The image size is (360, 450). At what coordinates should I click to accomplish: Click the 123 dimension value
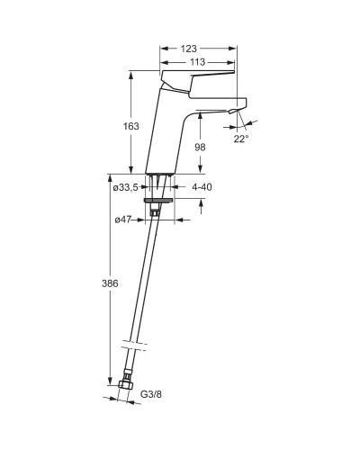point(189,49)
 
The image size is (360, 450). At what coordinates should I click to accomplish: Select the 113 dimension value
point(198,62)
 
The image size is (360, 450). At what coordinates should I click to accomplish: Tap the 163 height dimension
point(131,126)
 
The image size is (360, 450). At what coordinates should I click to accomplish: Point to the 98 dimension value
point(200,147)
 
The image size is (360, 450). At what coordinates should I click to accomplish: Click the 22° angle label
point(241,139)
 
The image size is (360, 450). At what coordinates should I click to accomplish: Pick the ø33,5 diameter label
point(125,188)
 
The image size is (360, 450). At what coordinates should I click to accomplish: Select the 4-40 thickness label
point(202,187)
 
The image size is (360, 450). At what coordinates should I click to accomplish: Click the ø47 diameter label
point(123,220)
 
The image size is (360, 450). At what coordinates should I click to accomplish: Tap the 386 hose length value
point(110,283)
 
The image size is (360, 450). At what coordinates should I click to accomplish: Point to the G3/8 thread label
point(151,394)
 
